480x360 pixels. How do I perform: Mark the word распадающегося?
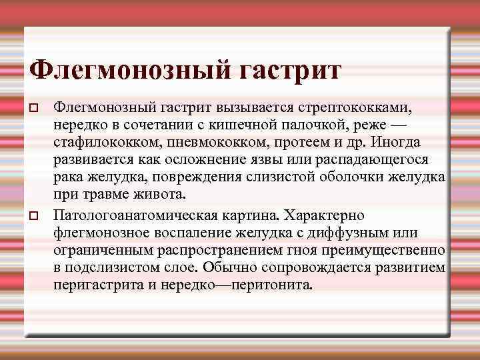pos(373,160)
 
